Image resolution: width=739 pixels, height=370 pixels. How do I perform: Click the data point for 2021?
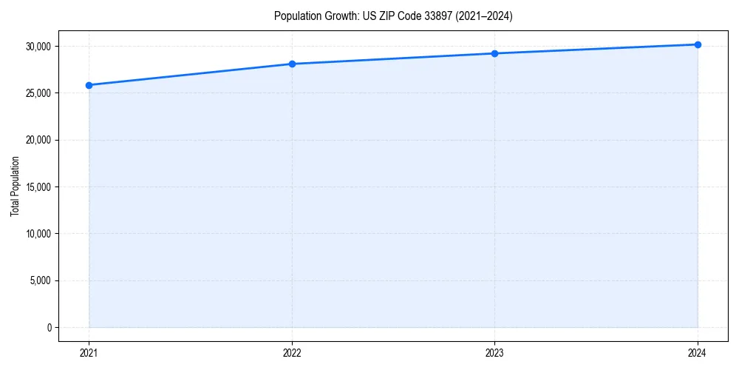89,85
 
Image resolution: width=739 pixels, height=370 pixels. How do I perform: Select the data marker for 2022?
292,64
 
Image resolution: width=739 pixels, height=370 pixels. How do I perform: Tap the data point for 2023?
494,53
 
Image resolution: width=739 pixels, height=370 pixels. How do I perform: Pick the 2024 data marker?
698,44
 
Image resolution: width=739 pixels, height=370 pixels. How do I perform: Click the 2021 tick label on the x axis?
89,353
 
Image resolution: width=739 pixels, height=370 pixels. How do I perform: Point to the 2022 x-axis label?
292,353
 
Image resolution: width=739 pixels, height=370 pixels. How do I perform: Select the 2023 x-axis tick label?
494,353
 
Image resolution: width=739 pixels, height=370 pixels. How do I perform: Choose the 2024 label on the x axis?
698,353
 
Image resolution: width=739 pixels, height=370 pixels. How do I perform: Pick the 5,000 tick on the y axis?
40,280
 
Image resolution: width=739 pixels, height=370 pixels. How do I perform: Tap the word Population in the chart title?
295,16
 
